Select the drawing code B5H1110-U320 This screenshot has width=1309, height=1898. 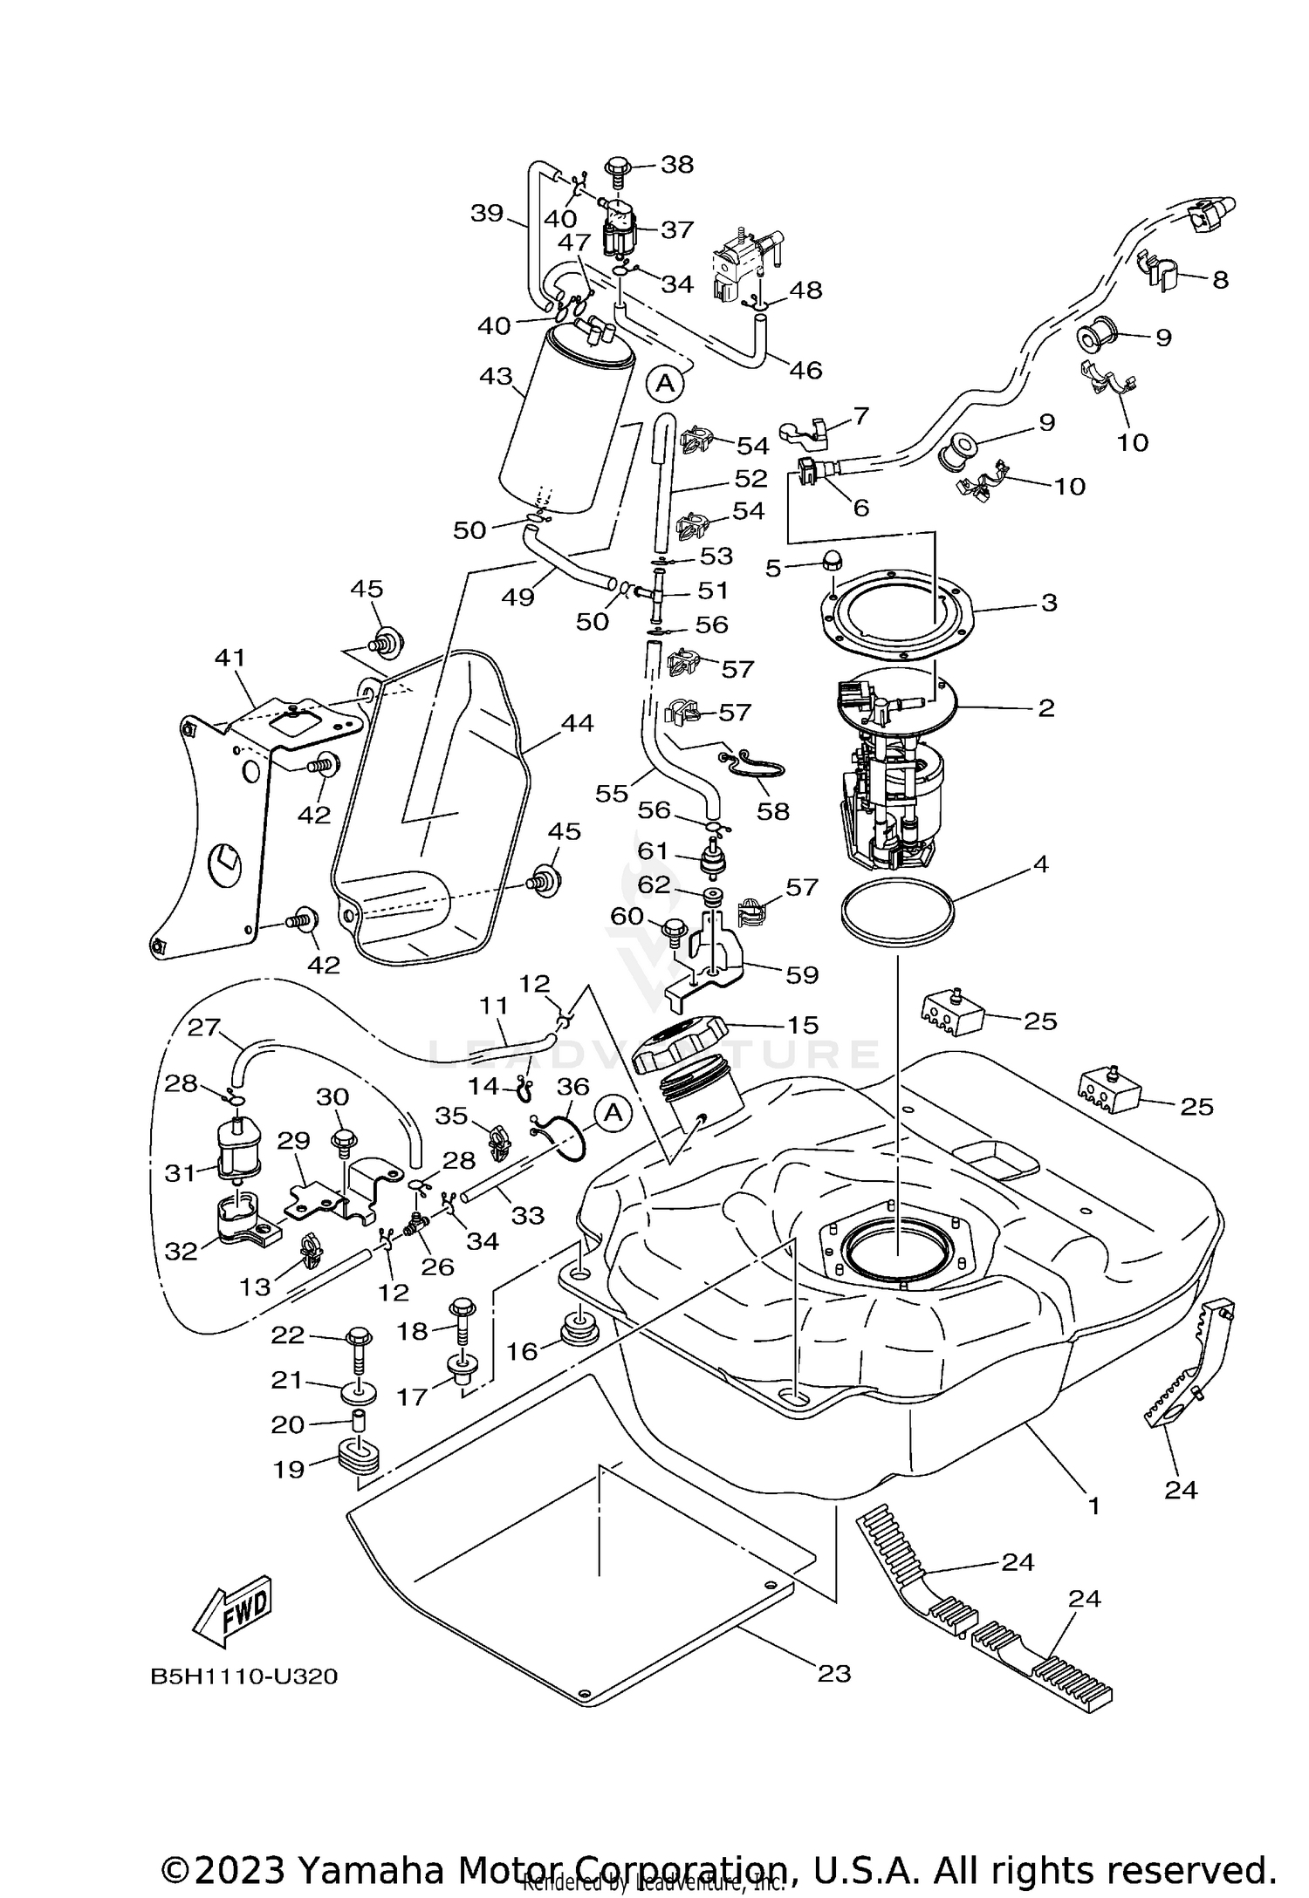point(244,1676)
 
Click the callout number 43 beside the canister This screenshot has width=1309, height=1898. point(495,378)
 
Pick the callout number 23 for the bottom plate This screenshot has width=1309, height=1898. point(833,1673)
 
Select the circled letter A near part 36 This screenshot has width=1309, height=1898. point(613,1113)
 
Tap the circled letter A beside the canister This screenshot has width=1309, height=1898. point(665,382)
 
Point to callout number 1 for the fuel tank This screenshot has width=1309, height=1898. point(1093,1505)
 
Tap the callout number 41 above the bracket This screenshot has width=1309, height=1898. point(230,658)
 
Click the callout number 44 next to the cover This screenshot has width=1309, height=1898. point(577,723)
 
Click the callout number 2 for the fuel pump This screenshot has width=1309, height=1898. point(1046,707)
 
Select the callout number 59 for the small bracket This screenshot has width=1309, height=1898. point(802,974)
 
